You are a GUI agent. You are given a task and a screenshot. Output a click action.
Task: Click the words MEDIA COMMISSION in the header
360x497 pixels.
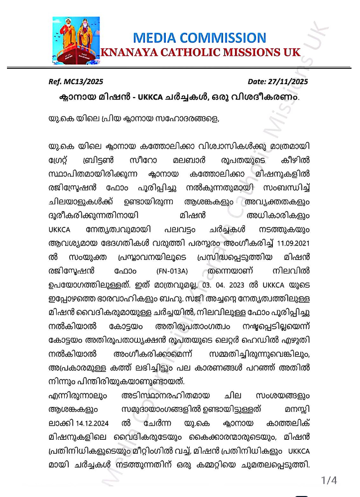tap(200, 38)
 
